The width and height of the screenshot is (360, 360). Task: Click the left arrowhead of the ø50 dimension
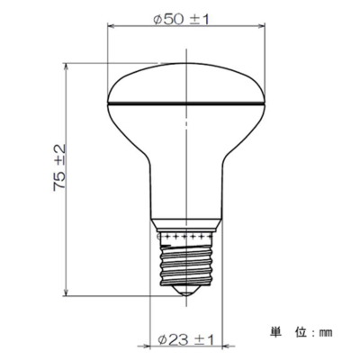[112, 26]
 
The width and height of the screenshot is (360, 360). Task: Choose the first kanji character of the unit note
[274, 331]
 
